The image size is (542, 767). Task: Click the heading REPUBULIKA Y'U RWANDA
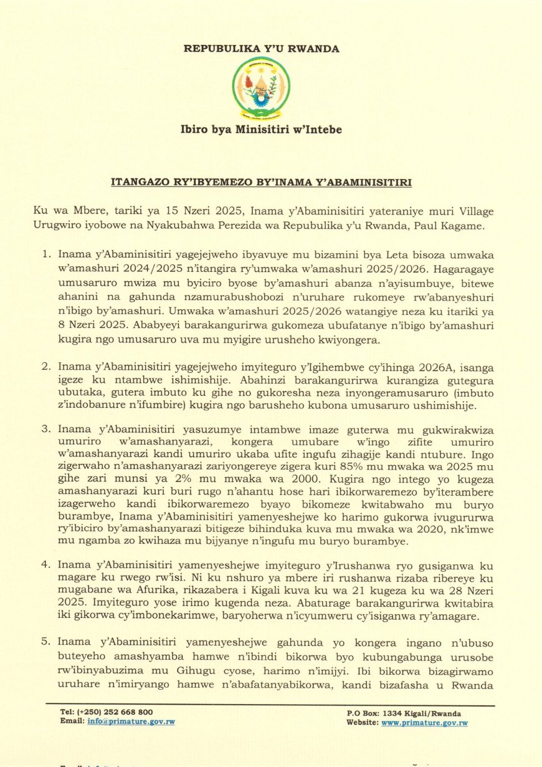click(262, 49)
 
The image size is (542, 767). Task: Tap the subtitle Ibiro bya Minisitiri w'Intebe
click(261, 130)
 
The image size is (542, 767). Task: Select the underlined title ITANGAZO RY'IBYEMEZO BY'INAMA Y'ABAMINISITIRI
click(261, 183)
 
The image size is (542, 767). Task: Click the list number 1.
click(45, 254)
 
